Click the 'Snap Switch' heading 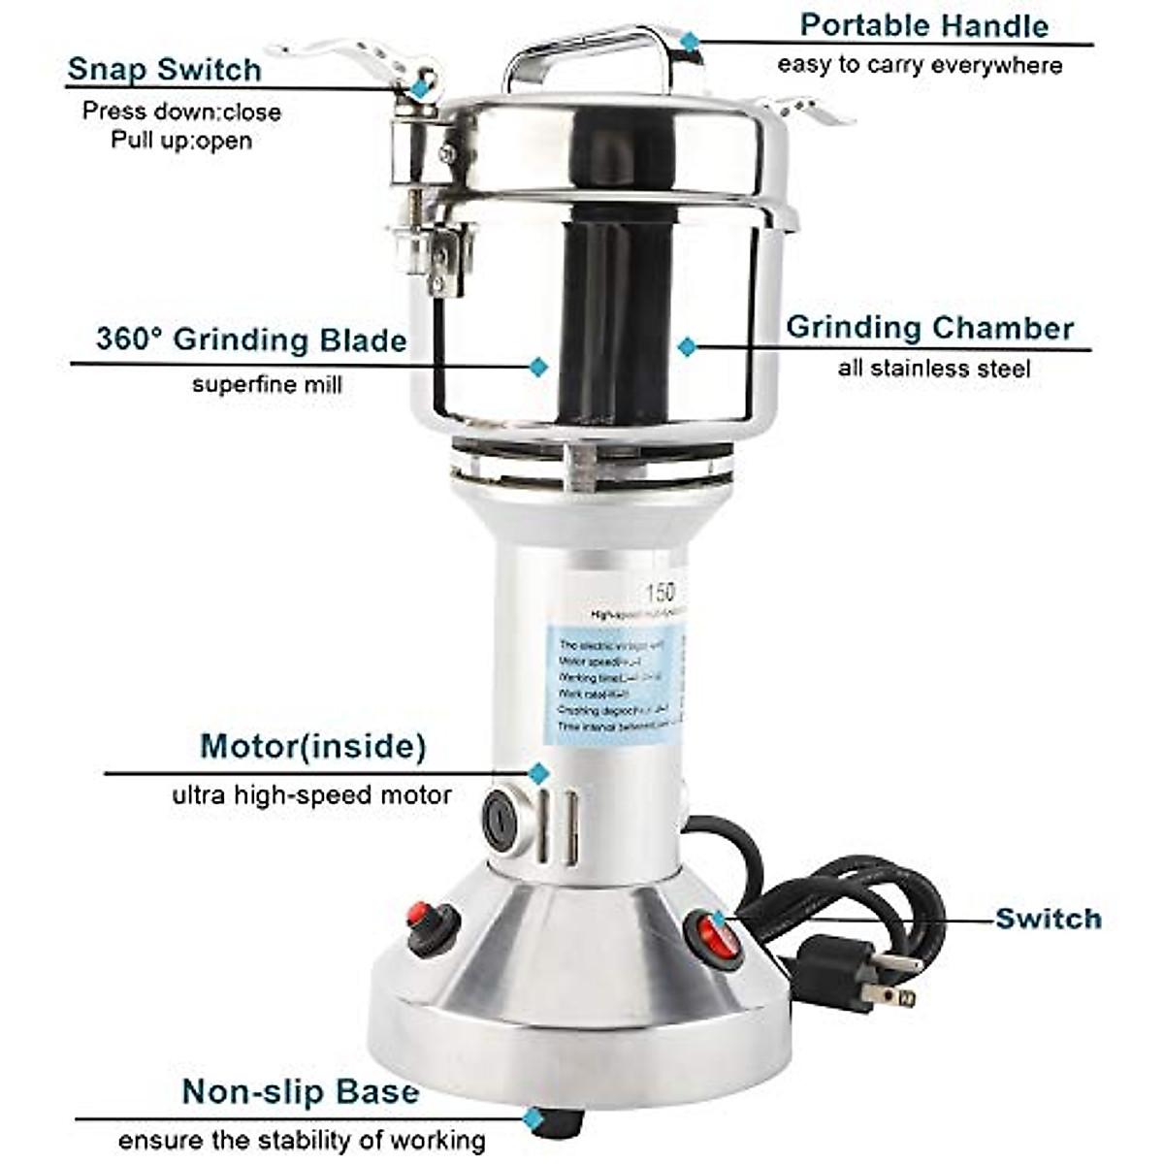[x=164, y=70]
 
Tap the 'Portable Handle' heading [x=923, y=26]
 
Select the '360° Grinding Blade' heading [x=250, y=340]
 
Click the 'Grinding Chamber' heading [x=929, y=328]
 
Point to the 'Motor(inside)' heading [x=312, y=746]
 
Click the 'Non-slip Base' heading [x=301, y=1092]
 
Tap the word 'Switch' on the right [x=1048, y=918]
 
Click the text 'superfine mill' [x=267, y=384]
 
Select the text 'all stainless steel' [x=933, y=369]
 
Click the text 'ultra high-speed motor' [x=311, y=796]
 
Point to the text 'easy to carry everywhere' [x=919, y=66]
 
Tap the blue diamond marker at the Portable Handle [x=689, y=41]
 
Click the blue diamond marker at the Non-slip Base [x=533, y=1118]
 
